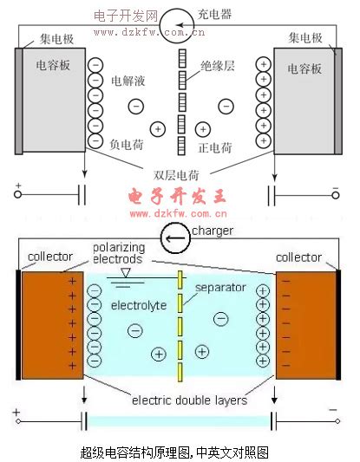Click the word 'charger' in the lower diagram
pos(213,231)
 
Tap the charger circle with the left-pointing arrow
pos(175,238)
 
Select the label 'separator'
pos(220,287)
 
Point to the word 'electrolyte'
pos(139,306)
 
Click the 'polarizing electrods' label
pos(119,253)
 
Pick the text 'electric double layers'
pos(189,400)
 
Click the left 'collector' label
pos(50,257)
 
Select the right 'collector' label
pos(298,257)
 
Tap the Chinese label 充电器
pos(214,14)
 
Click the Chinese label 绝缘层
pos(218,66)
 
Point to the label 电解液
pos(128,81)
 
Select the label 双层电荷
pos(176,175)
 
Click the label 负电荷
pos(127,145)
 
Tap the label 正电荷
pos(215,147)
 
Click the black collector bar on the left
pos(18,325)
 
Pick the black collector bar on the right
pos(338,325)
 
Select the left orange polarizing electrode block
pos(53,325)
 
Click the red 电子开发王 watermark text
pos(177,196)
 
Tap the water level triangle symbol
pos(126,272)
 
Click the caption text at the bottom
pos(174,452)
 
